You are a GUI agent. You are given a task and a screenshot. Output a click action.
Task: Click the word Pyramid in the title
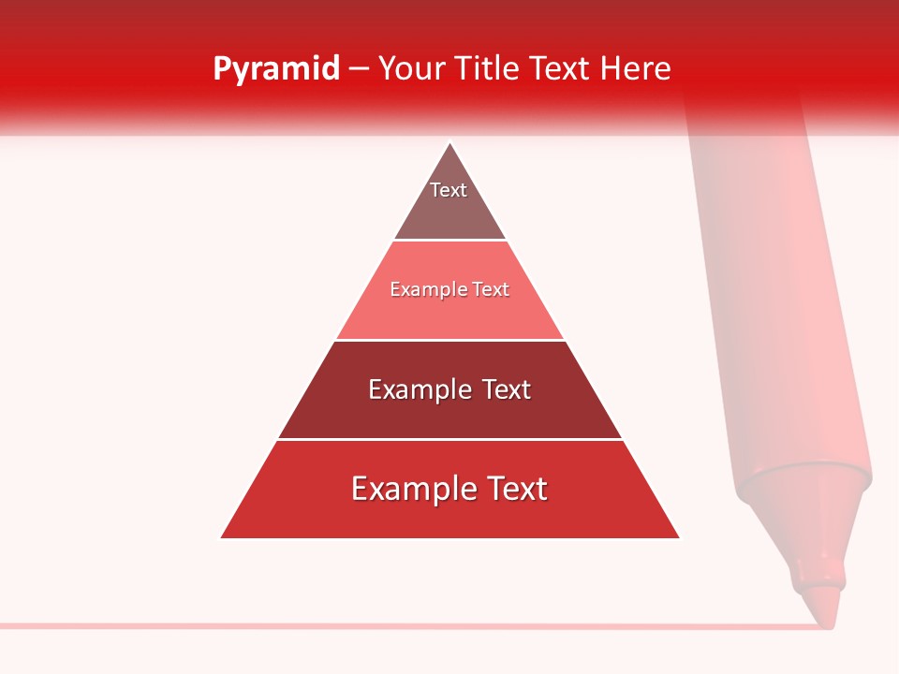point(275,69)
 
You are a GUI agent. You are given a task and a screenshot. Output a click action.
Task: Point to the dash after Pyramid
point(359,69)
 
